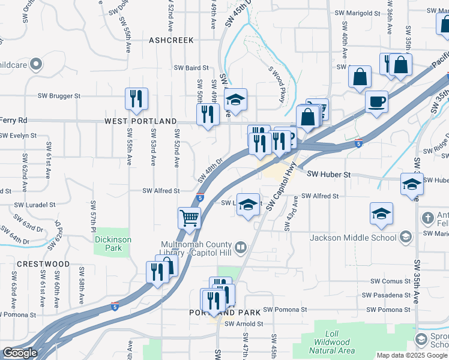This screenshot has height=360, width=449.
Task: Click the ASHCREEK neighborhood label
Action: pyautogui.click(x=171, y=40)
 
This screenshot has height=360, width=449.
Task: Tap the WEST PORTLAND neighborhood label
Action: pyautogui.click(x=141, y=121)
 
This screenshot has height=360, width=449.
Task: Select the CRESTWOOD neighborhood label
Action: pyautogui.click(x=43, y=264)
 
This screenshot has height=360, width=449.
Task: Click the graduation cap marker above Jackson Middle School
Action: pyautogui.click(x=381, y=214)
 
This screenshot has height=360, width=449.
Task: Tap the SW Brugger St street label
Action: pyautogui.click(x=59, y=96)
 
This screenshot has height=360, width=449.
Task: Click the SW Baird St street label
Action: pyautogui.click(x=191, y=68)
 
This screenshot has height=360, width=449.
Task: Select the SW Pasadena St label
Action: pyautogui.click(x=386, y=295)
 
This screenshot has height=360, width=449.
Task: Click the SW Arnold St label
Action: pyautogui.click(x=244, y=324)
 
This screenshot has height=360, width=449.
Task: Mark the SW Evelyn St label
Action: pyautogui.click(x=19, y=136)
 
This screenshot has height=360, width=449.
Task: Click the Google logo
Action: pyautogui.click(x=20, y=353)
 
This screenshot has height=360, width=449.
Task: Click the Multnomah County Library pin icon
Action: pyautogui.click(x=241, y=247)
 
